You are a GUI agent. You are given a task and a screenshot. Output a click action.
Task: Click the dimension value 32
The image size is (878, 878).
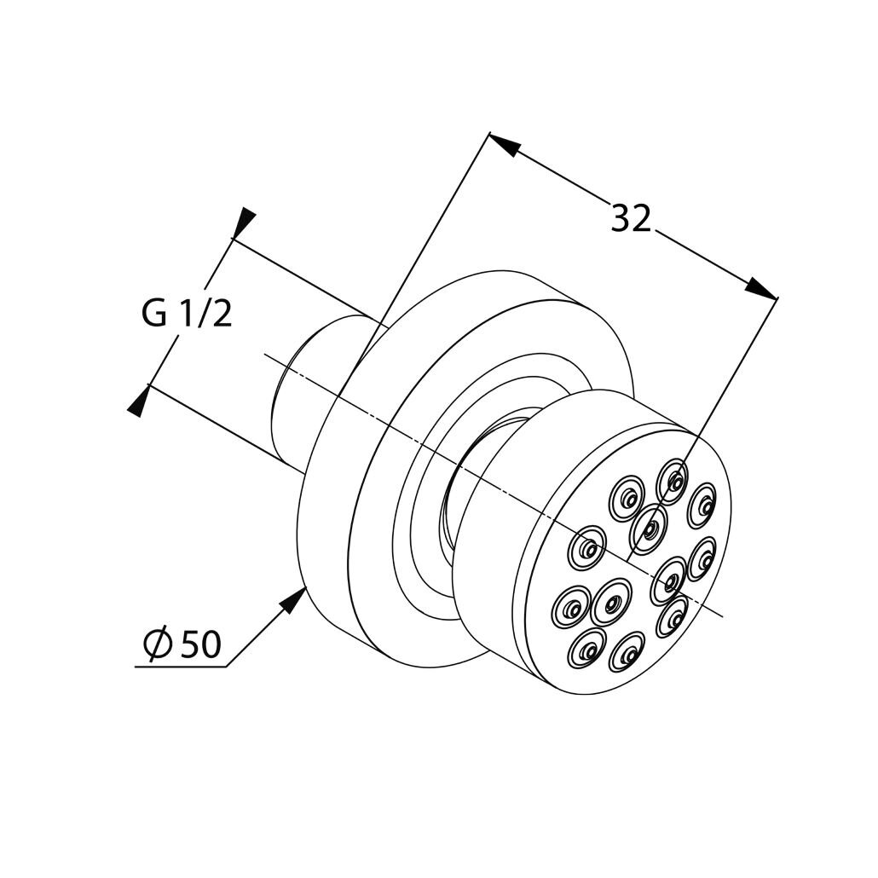(631, 218)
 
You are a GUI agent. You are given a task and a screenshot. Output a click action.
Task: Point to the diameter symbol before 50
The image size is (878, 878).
(156, 644)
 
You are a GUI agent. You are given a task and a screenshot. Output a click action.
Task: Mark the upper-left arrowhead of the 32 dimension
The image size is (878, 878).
(504, 143)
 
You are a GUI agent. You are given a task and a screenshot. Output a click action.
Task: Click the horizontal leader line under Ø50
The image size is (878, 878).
(181, 667)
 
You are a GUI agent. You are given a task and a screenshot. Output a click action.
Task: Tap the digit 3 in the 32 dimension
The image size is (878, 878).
(620, 218)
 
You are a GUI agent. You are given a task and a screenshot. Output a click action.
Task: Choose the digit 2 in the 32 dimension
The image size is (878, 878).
(642, 218)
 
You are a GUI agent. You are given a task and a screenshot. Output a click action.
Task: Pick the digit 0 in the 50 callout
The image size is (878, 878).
(211, 644)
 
